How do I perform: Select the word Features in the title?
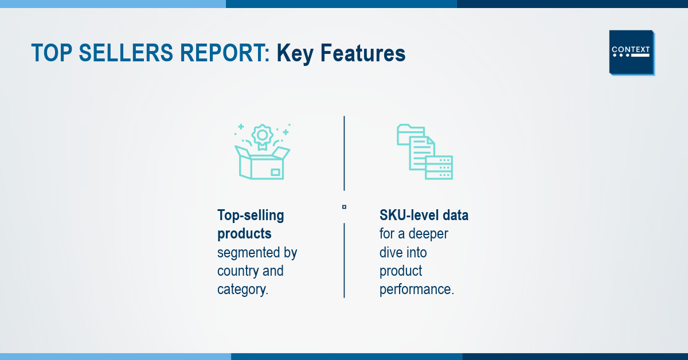tap(363, 53)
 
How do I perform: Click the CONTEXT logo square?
tap(631, 52)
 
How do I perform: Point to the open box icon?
tap(262, 163)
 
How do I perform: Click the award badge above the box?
tap(262, 136)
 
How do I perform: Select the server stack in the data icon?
tap(439, 167)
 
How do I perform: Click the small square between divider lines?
tap(345, 207)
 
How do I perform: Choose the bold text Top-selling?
tap(251, 216)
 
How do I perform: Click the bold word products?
tap(244, 234)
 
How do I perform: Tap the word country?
tap(238, 271)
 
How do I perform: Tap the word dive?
tap(389, 252)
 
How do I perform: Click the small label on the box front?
tap(275, 173)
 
